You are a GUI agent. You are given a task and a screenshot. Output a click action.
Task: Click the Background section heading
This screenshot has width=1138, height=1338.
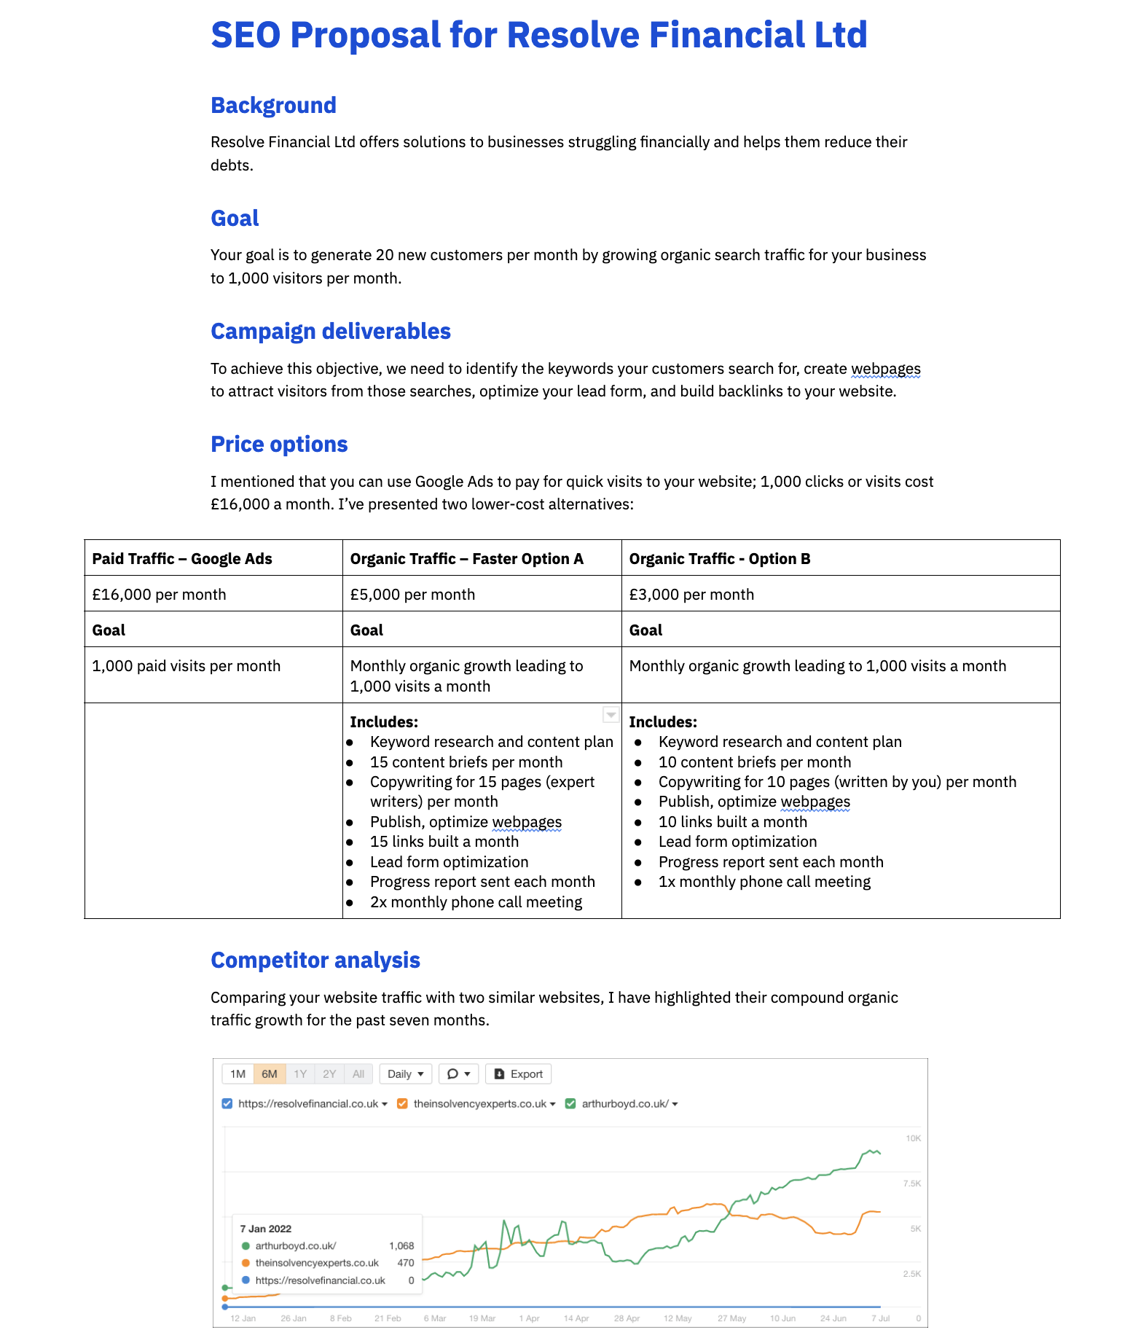pyautogui.click(x=273, y=106)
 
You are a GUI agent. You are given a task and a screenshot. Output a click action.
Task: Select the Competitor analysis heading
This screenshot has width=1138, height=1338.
pyautogui.click(x=315, y=961)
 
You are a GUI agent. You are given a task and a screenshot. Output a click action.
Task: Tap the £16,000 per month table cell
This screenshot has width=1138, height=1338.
pyautogui.click(x=159, y=595)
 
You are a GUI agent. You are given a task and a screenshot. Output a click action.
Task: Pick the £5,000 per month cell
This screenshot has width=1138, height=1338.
pyautogui.click(x=412, y=595)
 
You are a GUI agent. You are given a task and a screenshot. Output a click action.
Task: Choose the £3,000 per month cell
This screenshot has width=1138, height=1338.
pyautogui.click(x=691, y=595)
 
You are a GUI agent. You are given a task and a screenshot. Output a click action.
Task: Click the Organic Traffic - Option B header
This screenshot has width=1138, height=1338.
pyautogui.click(x=719, y=559)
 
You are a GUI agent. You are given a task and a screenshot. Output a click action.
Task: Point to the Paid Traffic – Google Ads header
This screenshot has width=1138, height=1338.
pyautogui.click(x=182, y=559)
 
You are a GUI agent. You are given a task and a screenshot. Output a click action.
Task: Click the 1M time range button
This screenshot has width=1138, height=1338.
pyautogui.click(x=238, y=1074)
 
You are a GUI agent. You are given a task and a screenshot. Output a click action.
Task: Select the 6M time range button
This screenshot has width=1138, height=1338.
pyautogui.click(x=270, y=1074)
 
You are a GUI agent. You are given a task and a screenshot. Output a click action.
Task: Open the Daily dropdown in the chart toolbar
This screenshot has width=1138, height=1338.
pyautogui.click(x=406, y=1074)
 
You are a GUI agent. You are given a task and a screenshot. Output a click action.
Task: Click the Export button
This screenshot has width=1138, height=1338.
pyautogui.click(x=519, y=1074)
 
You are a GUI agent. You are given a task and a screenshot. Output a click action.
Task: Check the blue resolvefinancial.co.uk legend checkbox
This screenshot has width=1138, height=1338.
pyautogui.click(x=227, y=1104)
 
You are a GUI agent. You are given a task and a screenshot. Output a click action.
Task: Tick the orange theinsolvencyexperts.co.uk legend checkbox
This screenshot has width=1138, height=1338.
pyautogui.click(x=402, y=1104)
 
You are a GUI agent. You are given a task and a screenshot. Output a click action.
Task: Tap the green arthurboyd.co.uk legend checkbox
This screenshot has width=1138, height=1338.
pyautogui.click(x=570, y=1104)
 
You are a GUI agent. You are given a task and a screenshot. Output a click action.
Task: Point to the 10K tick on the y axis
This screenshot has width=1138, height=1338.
pyautogui.click(x=913, y=1138)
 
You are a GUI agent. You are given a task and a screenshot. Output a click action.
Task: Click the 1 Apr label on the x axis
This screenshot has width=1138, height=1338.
pyautogui.click(x=529, y=1318)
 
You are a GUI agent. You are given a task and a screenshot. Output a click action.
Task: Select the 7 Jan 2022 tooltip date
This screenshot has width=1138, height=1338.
pyautogui.click(x=265, y=1229)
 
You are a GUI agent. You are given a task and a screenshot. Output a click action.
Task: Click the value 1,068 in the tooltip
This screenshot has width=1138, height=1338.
pyautogui.click(x=401, y=1246)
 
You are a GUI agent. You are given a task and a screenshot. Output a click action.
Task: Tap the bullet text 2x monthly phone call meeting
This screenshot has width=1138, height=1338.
pyautogui.click(x=476, y=902)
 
